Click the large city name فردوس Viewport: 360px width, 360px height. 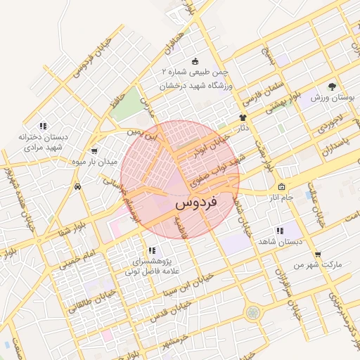point(195,203)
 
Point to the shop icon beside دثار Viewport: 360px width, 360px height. point(243,117)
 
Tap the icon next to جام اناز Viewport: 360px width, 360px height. point(282,187)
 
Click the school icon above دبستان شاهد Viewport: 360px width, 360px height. point(280,231)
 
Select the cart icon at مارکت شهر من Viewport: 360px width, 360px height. point(318,254)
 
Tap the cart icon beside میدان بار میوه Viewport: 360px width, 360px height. point(94,150)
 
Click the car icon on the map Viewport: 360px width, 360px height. point(77,187)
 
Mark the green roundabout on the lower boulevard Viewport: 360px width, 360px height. point(253,312)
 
